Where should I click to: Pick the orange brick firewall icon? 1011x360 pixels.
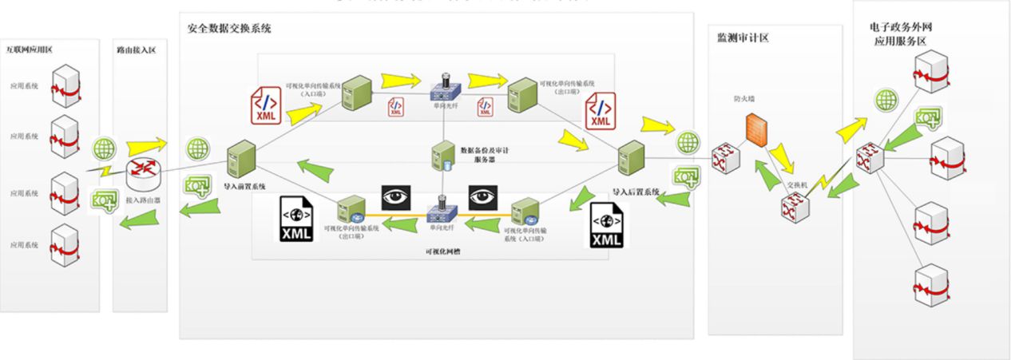(757, 129)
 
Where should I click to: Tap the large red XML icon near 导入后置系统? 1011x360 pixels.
(601, 110)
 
